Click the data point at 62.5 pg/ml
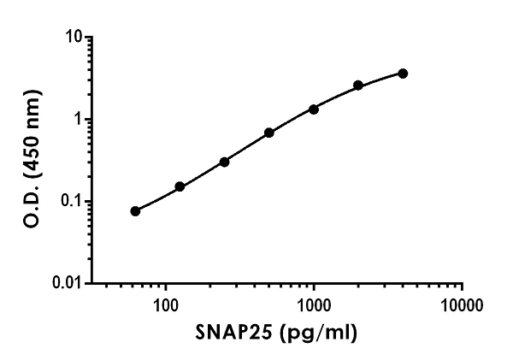pos(135,210)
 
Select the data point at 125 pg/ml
pos(180,186)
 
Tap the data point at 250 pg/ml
pos(224,162)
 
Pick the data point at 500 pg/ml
pos(269,133)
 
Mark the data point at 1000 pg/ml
pos(314,109)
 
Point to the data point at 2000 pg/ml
pos(358,86)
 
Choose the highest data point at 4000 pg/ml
pos(403,74)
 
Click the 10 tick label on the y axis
pos(74,38)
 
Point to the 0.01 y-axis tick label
pos(68,283)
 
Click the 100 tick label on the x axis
pos(166,305)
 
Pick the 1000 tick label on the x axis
pos(314,305)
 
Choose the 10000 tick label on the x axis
pos(463,305)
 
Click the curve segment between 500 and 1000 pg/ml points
pos(292,121)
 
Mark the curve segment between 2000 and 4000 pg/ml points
pos(380,79)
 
